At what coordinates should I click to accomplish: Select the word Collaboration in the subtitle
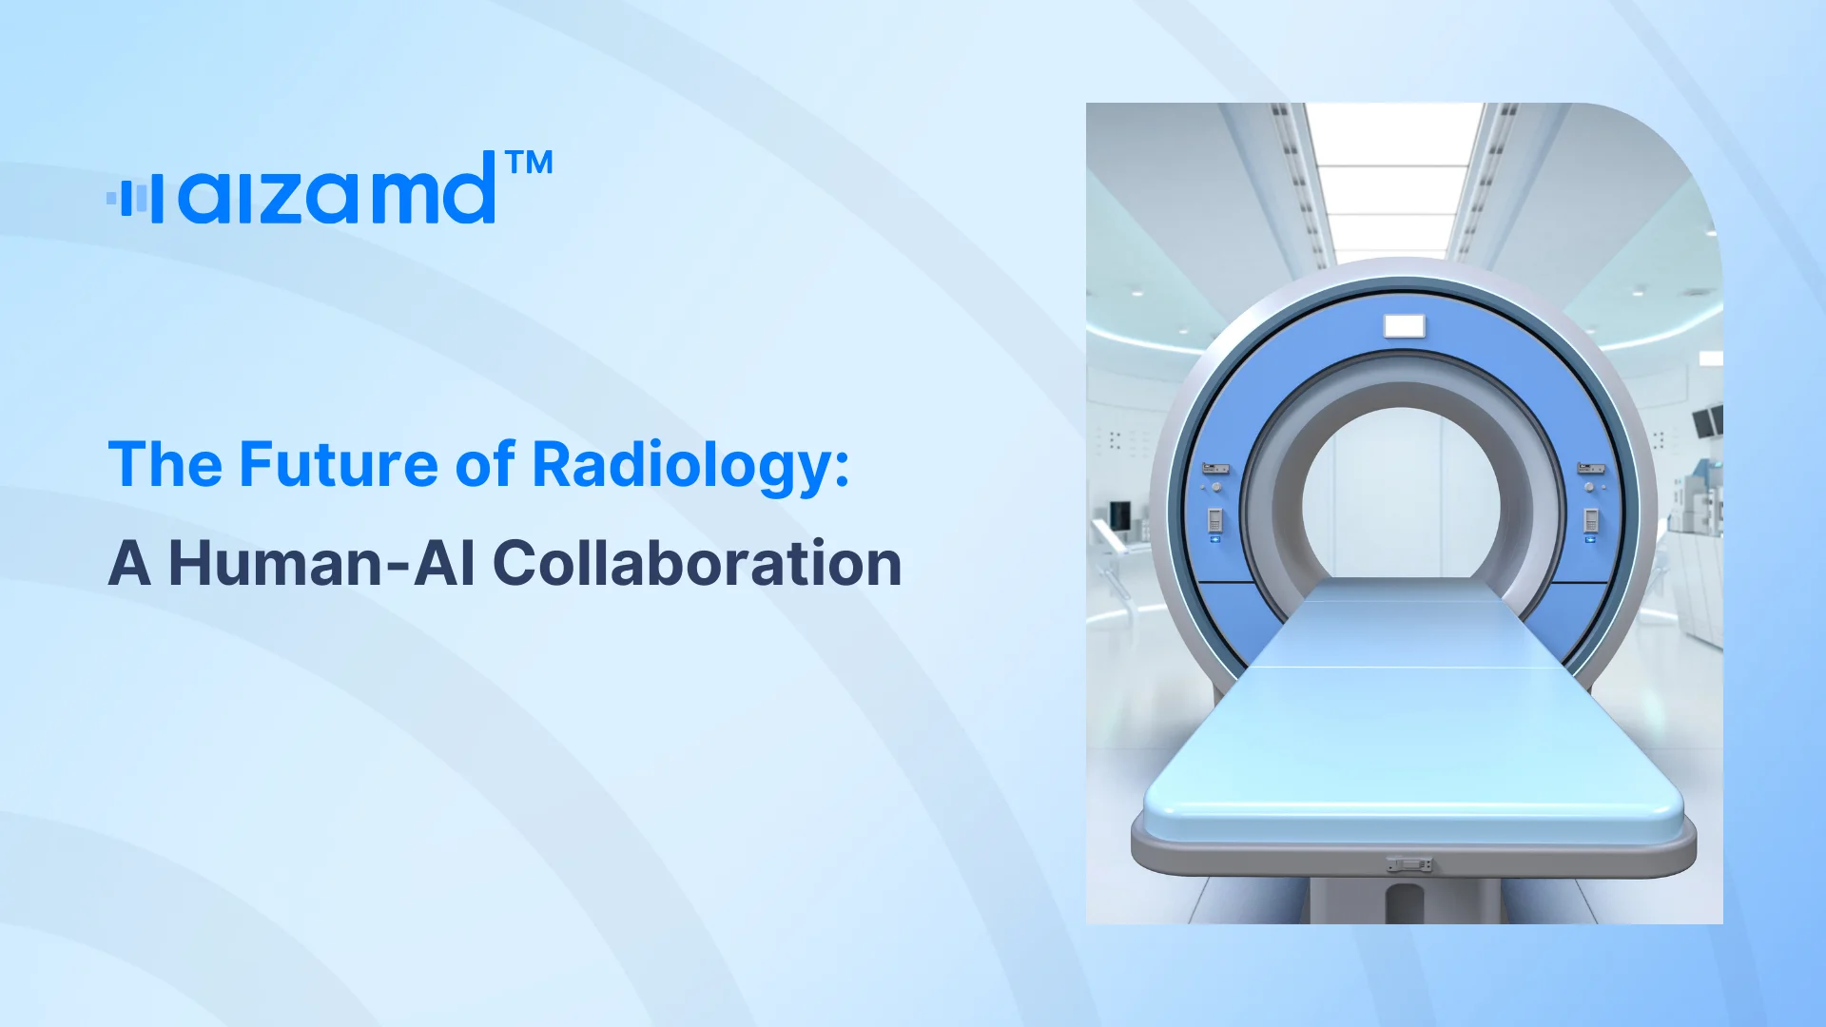coord(697,563)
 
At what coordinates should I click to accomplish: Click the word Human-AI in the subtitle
coord(321,563)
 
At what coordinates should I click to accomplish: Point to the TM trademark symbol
coord(530,163)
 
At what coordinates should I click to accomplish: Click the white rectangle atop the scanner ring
coord(1404,326)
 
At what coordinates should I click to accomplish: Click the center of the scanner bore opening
coord(1401,494)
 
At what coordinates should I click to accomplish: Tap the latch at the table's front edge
coord(1409,864)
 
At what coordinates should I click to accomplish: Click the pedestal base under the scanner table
coord(1406,901)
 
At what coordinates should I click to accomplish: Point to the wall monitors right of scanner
coord(1708,420)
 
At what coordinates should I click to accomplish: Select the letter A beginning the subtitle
coord(129,563)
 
